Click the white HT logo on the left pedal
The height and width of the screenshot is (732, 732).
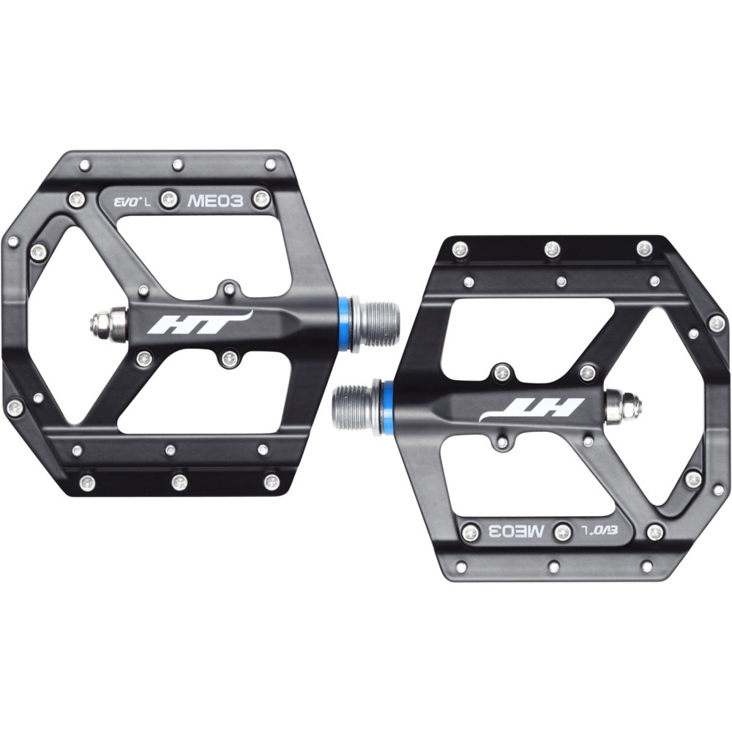[201, 322]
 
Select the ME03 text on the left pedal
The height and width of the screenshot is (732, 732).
[215, 201]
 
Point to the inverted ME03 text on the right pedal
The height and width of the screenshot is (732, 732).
[516, 531]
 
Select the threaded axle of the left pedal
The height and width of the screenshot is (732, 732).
[375, 322]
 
